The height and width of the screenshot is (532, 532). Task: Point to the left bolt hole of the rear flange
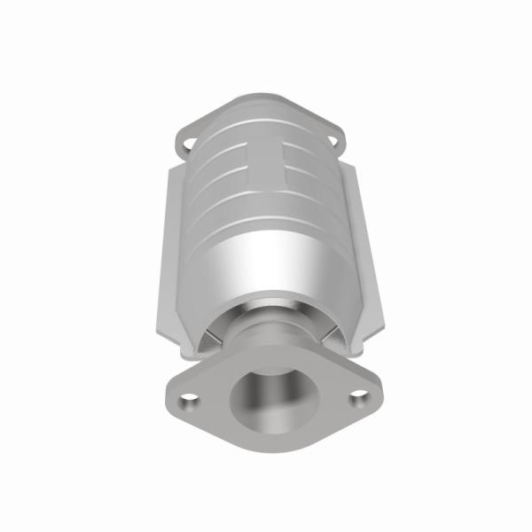(188, 141)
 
